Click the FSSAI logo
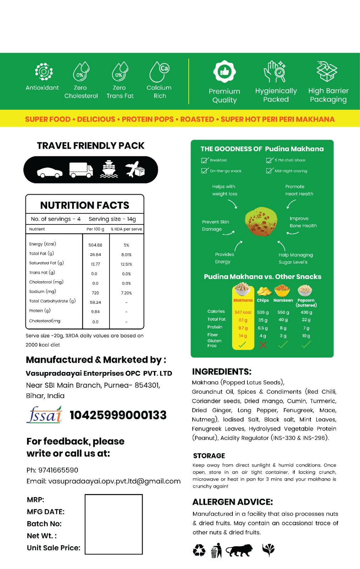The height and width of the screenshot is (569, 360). [44, 415]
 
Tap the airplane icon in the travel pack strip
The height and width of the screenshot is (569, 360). [134, 169]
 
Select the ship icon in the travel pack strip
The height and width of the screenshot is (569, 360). [109, 169]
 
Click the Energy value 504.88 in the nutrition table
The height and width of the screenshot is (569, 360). [95, 245]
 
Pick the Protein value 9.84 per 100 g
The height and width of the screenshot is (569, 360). [95, 312]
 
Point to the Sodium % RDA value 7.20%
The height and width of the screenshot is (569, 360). [126, 293]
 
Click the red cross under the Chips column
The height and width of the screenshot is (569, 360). [263, 345]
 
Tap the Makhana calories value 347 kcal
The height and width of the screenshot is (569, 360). [243, 312]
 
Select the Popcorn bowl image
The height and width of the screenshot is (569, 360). [305, 290]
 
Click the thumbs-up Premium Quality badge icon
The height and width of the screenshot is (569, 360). [224, 72]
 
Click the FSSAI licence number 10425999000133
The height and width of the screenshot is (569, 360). [118, 415]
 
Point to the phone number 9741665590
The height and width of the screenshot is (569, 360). [58, 470]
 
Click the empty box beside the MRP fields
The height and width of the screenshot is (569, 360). [114, 524]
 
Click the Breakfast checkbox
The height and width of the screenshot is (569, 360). [204, 160]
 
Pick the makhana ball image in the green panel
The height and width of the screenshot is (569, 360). [261, 222]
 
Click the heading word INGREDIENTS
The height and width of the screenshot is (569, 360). [221, 372]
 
